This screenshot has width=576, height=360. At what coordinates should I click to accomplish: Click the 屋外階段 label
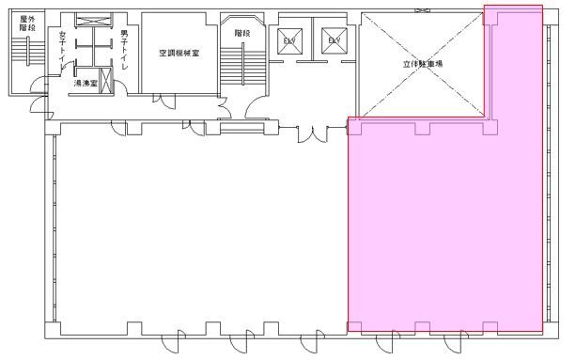(25, 23)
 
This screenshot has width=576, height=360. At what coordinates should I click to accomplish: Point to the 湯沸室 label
(86, 84)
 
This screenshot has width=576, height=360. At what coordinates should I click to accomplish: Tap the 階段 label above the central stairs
(242, 32)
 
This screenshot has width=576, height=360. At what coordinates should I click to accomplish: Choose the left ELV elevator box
(288, 40)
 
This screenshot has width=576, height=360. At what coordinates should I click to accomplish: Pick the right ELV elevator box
(333, 40)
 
